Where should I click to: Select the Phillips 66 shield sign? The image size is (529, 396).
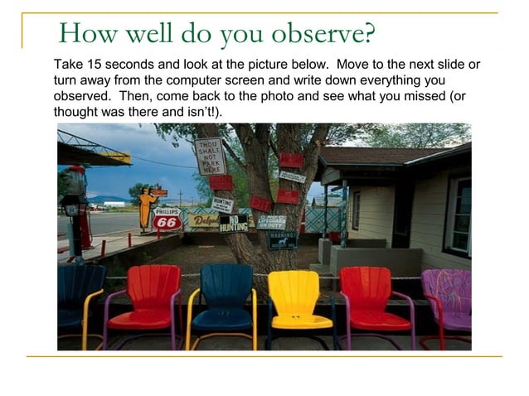pyautogui.click(x=167, y=219)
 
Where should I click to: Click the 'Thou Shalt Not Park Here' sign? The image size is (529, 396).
pyautogui.click(x=211, y=155)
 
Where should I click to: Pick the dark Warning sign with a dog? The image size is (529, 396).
pyautogui.click(x=282, y=239)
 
